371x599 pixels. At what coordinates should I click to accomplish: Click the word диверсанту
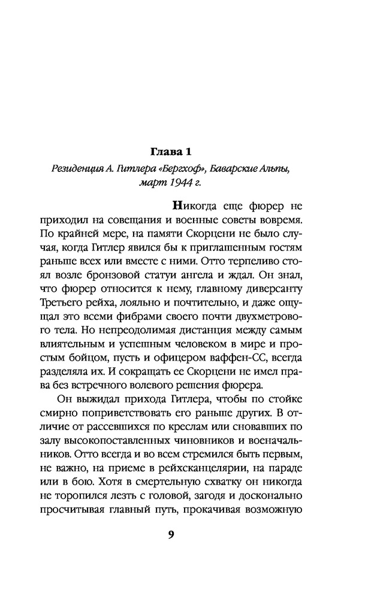click(x=279, y=288)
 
